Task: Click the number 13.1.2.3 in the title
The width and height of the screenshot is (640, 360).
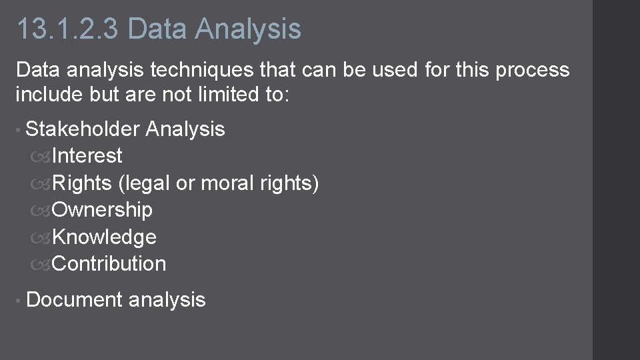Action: (x=68, y=29)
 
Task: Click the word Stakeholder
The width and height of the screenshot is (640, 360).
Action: (x=83, y=129)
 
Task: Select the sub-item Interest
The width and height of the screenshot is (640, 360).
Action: (x=87, y=156)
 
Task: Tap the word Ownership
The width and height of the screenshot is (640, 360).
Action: (x=102, y=210)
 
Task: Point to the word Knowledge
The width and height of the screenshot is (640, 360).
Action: (x=104, y=237)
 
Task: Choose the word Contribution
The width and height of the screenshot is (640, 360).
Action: (x=109, y=264)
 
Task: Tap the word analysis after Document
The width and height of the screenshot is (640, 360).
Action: (x=167, y=300)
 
